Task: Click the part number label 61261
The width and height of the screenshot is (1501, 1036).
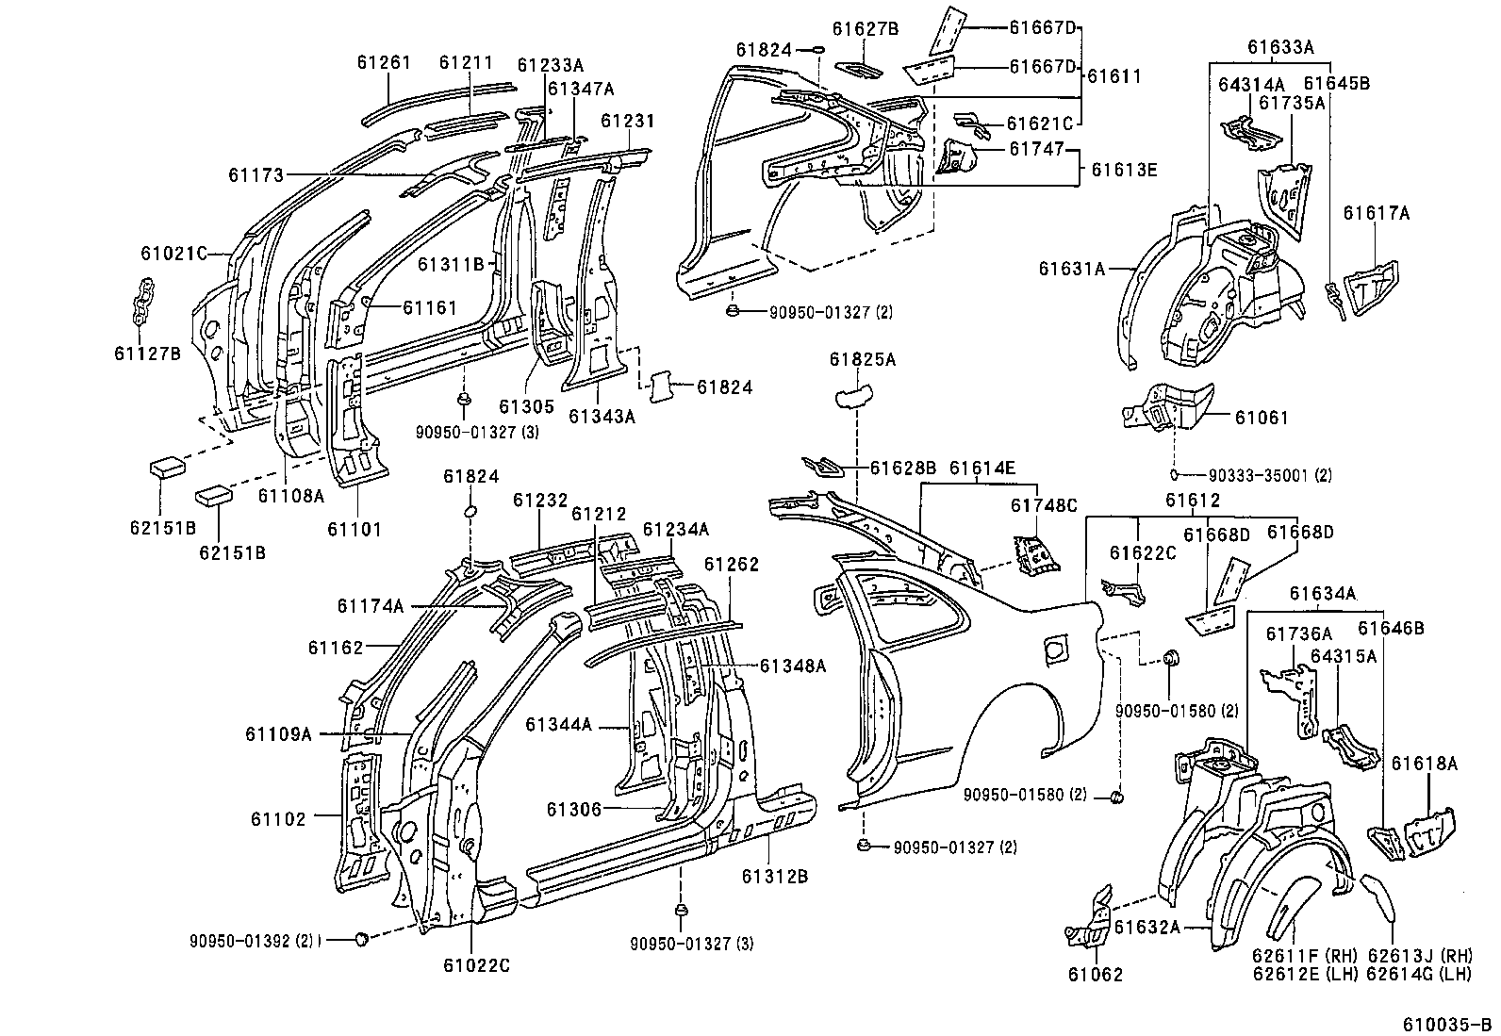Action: point(384,62)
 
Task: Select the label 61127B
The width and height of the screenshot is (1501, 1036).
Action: point(147,354)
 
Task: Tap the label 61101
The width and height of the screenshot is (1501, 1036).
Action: point(355,529)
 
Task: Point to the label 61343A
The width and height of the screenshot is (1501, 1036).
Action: point(602,416)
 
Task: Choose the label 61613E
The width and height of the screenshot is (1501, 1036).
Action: point(1126,170)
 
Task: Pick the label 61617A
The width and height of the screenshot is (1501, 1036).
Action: point(1377,214)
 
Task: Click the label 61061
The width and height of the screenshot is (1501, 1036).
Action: point(1260,418)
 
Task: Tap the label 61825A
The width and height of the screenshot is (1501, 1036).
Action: point(863,359)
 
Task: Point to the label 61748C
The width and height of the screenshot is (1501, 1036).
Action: point(1044,505)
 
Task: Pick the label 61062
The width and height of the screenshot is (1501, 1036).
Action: point(1096,975)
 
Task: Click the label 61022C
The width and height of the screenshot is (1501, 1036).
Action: point(475,965)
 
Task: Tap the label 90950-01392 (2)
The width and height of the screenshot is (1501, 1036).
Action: point(252,940)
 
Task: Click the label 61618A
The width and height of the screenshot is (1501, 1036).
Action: point(1425,764)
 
